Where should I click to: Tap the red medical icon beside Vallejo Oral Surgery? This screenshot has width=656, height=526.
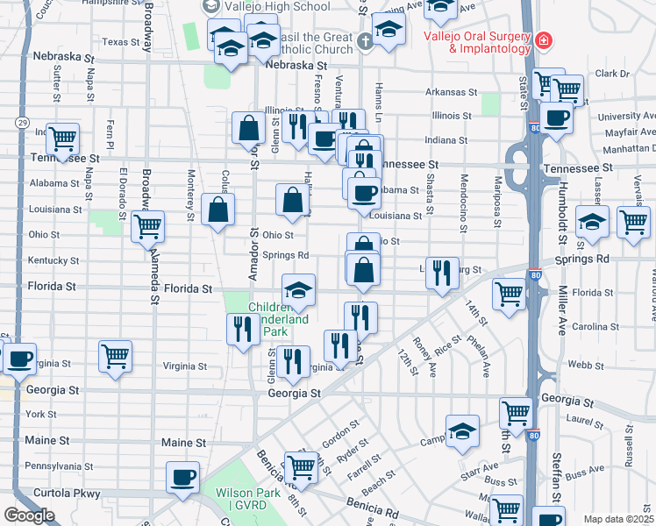click(x=544, y=40)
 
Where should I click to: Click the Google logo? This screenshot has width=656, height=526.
click(x=29, y=515)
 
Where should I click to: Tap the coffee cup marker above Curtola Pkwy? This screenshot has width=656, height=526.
click(x=182, y=478)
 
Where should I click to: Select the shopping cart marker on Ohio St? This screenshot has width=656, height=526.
click(x=147, y=226)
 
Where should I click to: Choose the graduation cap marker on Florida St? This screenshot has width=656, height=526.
click(x=298, y=290)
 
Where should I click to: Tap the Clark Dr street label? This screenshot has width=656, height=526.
click(x=612, y=74)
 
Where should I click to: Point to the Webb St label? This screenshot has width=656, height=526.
click(x=574, y=364)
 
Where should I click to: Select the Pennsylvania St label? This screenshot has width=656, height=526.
click(x=58, y=466)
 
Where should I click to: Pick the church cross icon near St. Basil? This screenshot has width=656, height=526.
click(x=367, y=39)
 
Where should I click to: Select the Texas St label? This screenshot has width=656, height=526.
click(x=120, y=41)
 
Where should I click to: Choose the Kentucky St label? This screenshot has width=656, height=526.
click(x=54, y=260)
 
